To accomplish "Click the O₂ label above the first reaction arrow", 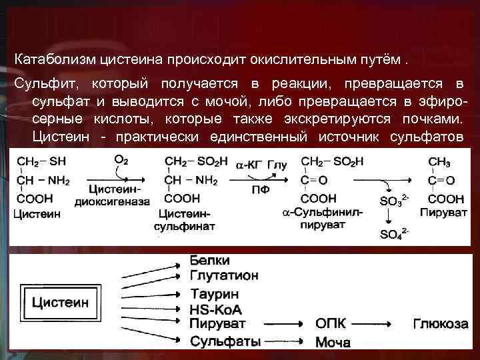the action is (x=121, y=161).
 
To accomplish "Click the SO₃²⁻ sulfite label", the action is (x=394, y=200).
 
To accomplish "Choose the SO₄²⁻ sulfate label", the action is (x=394, y=233).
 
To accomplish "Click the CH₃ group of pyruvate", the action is (x=440, y=162).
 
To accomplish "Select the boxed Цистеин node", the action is (x=61, y=302).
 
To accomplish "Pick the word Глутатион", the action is (x=224, y=275).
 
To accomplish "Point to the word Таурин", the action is (x=215, y=293).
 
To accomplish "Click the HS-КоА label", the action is (x=215, y=309).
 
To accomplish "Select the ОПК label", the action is (x=331, y=324).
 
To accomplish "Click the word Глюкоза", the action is (x=441, y=324).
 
